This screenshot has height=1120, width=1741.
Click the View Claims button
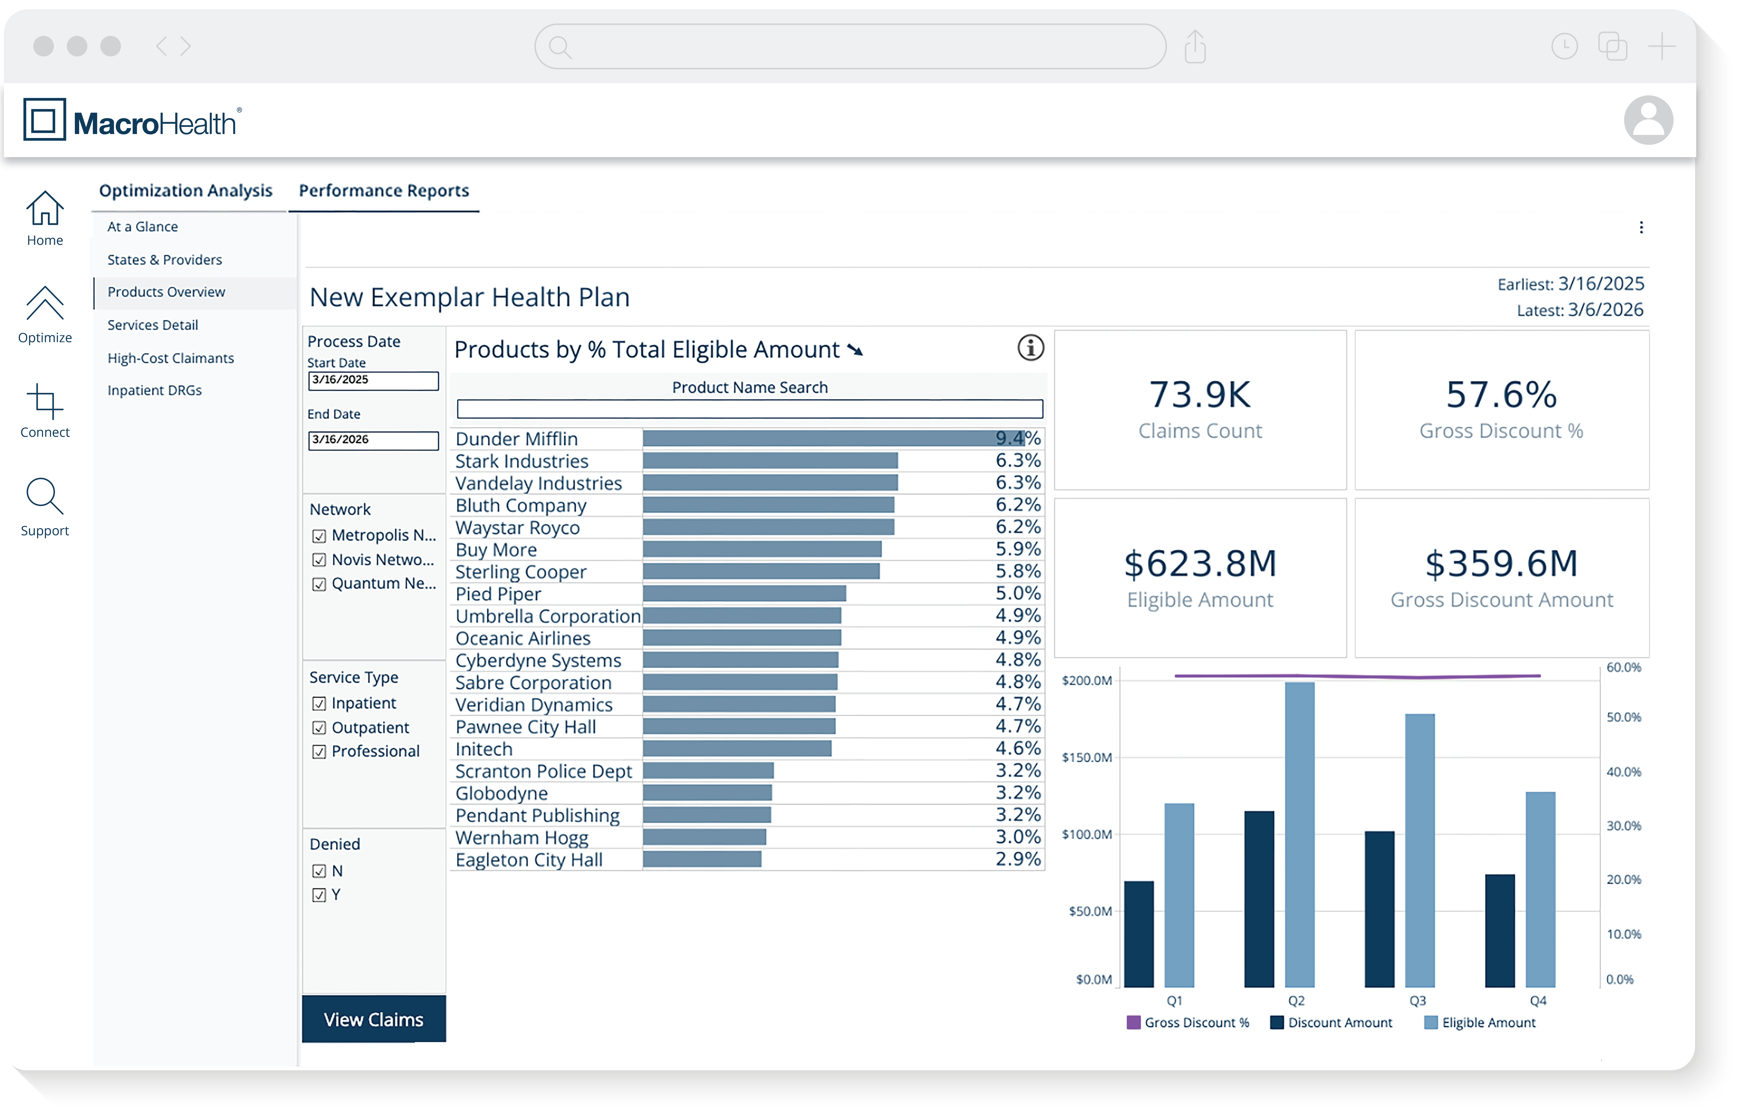tap(373, 1020)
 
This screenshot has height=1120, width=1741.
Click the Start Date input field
tap(373, 380)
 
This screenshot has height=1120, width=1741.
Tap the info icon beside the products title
tap(1030, 348)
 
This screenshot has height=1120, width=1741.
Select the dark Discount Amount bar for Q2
tap(1259, 899)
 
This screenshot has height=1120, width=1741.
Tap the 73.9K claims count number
tap(1200, 395)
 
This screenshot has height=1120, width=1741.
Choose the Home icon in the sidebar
tap(45, 209)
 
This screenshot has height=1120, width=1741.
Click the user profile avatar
tap(1648, 120)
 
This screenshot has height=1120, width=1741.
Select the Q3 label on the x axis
tap(1417, 1001)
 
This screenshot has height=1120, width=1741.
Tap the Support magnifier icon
tap(45, 497)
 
